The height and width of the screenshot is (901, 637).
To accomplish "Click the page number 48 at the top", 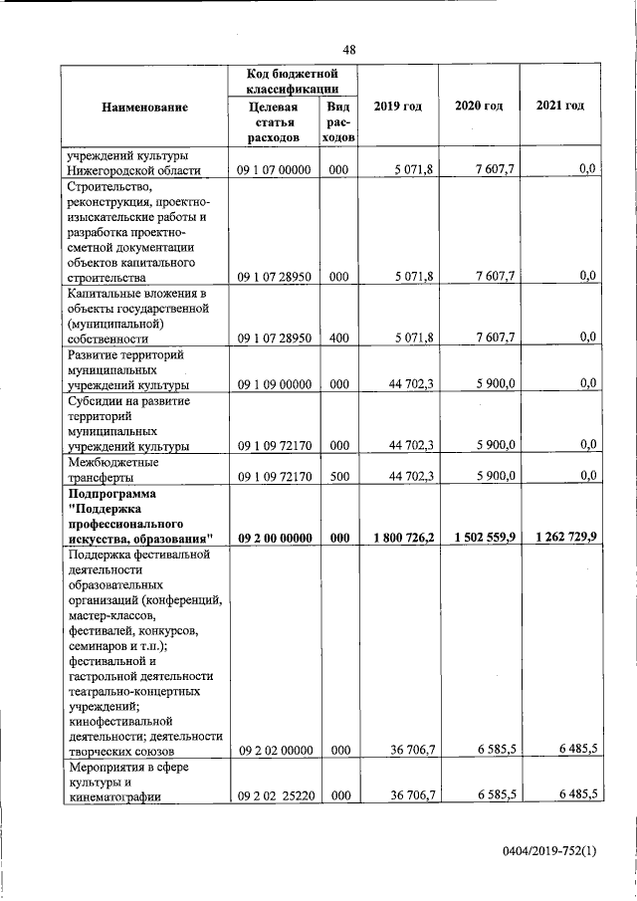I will click(x=349, y=50).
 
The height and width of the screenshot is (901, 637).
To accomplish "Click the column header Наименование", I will click(x=144, y=107).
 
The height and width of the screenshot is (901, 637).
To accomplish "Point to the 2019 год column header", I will click(x=397, y=107).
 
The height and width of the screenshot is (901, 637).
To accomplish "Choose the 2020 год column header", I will click(x=479, y=107).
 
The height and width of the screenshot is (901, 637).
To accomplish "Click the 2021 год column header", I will click(x=559, y=106).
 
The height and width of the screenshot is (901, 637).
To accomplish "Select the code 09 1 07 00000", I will click(x=275, y=170).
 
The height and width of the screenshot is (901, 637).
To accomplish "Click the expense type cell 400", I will click(x=338, y=338).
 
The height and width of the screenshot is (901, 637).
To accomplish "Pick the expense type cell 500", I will click(x=338, y=476).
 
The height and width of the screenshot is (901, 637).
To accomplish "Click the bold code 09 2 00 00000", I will click(x=275, y=538).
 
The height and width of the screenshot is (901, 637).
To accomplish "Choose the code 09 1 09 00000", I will click(x=275, y=384).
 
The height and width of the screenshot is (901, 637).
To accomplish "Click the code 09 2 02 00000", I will click(x=275, y=750).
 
